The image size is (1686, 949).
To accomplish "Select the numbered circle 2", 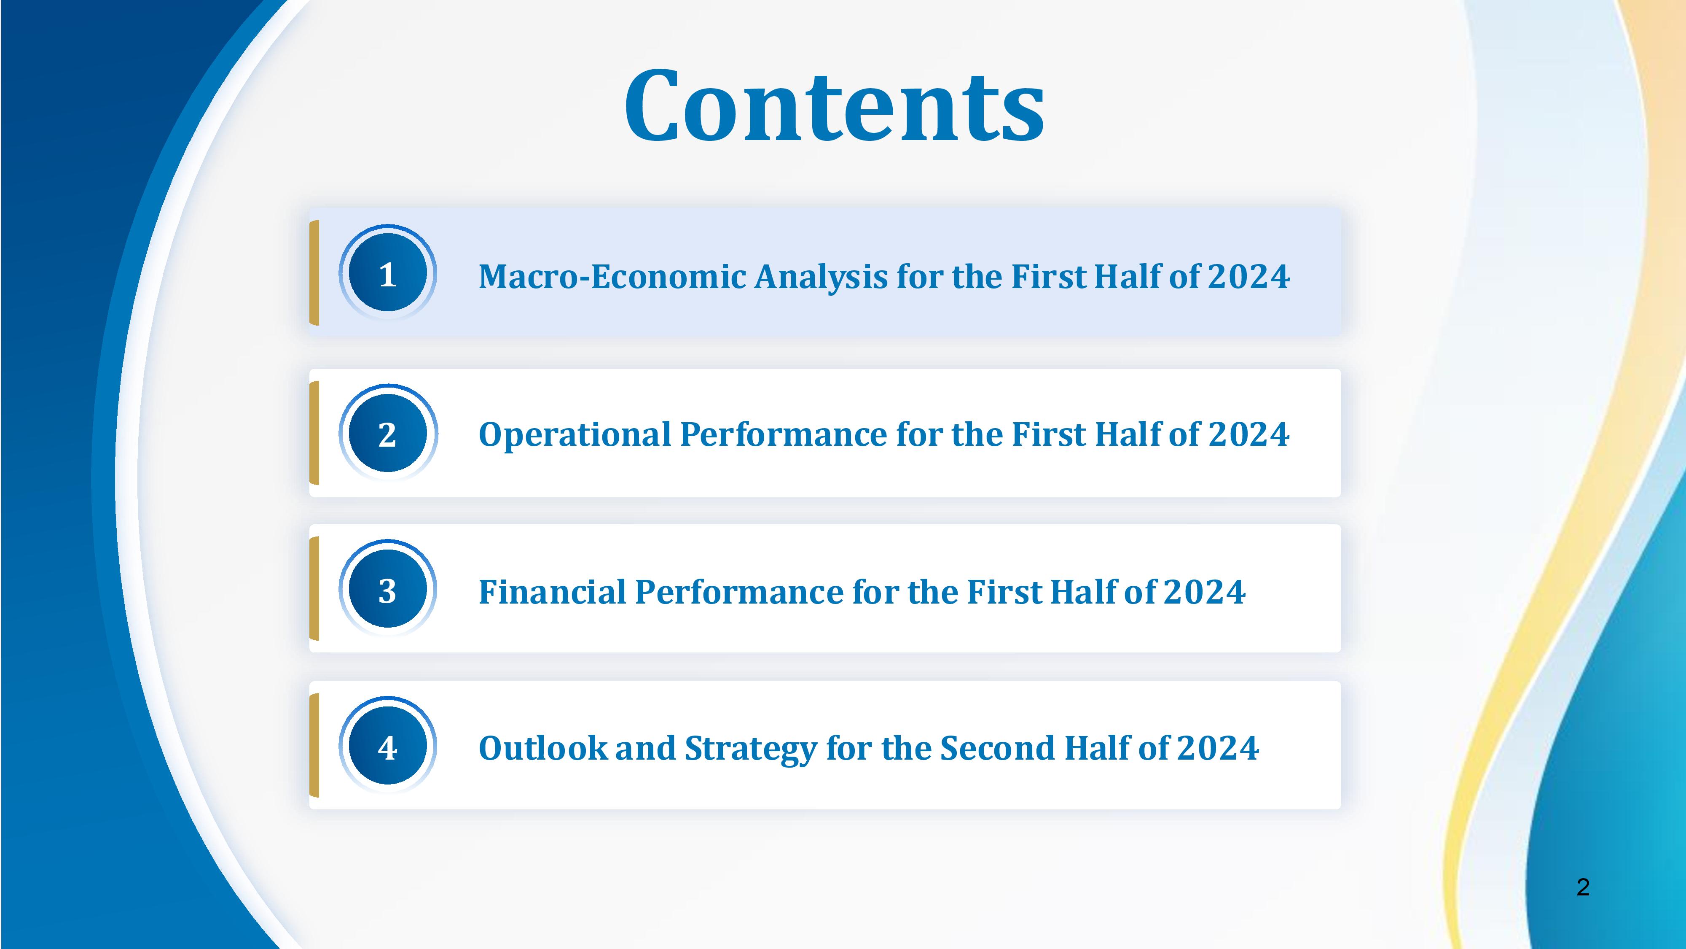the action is point(387,433).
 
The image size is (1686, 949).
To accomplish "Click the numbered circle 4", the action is point(387,746).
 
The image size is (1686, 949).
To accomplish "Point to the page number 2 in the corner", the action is point(1583,887).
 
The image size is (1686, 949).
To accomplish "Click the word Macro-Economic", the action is point(612,276).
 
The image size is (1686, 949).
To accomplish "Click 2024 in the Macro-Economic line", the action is point(1249,276).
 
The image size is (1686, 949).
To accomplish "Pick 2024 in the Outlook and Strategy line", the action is point(1218,748).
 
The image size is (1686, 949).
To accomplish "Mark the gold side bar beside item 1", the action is point(314,272).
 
